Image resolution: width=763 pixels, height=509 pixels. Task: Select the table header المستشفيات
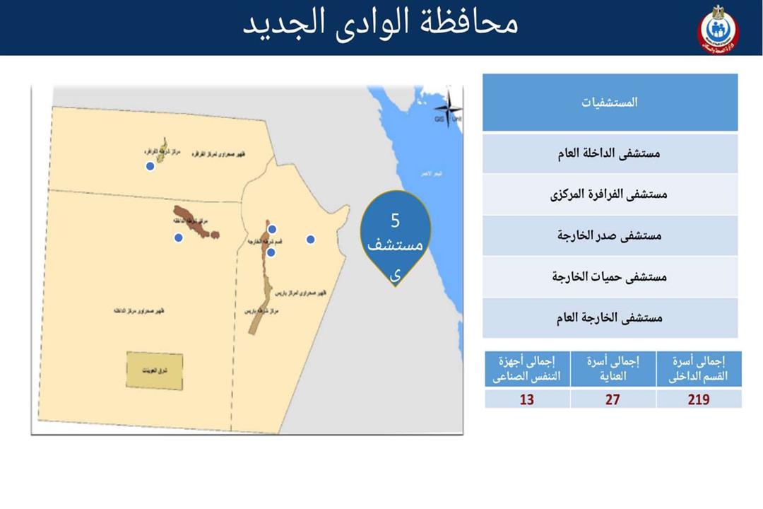coord(610,103)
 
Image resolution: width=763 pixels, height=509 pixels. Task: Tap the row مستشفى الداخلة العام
coord(610,153)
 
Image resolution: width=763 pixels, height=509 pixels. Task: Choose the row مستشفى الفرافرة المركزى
coord(610,194)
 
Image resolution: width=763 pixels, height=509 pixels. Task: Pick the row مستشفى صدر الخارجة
coord(610,235)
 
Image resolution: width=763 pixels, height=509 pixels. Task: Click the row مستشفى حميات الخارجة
coord(610,276)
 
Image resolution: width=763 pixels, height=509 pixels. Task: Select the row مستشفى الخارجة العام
coord(610,318)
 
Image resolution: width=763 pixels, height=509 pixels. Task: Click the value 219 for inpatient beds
coord(699,399)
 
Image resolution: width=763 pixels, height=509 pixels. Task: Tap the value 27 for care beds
coord(613,399)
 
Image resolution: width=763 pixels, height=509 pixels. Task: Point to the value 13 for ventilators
coord(527,399)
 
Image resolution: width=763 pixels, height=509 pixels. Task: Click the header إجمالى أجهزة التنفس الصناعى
coord(527,368)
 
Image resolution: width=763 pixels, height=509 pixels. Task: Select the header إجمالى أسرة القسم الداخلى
coord(699,368)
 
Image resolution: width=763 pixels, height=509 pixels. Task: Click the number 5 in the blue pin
coord(395,221)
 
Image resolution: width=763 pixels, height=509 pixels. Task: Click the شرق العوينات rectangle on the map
coord(154,370)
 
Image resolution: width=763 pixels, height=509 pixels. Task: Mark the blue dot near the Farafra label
coord(150,166)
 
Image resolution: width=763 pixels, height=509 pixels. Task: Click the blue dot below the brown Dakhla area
coord(179,238)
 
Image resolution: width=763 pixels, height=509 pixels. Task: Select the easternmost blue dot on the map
coord(310,239)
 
